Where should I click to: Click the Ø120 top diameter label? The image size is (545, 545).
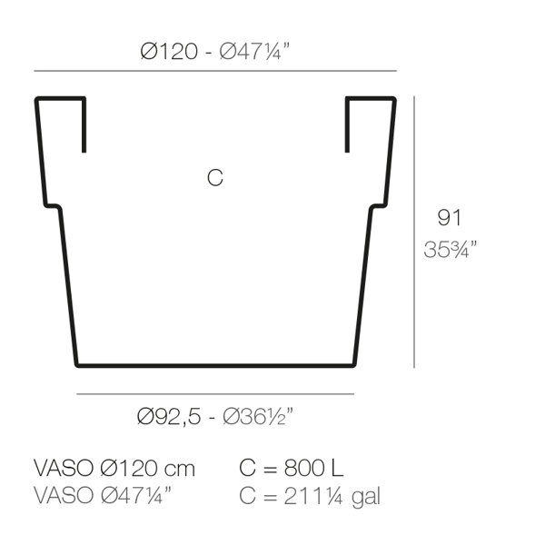[x=169, y=52]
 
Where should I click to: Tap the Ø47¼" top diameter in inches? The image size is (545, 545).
[x=254, y=52]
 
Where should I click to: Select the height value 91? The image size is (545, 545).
[x=449, y=218]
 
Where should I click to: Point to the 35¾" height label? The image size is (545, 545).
[x=451, y=249]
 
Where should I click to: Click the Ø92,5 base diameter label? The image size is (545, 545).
[x=169, y=416]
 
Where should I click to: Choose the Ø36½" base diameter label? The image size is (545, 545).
[x=258, y=416]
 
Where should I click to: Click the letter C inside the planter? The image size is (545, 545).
[x=214, y=178]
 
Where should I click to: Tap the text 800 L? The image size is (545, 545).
[x=314, y=468]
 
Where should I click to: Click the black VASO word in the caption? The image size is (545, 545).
[x=64, y=468]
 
